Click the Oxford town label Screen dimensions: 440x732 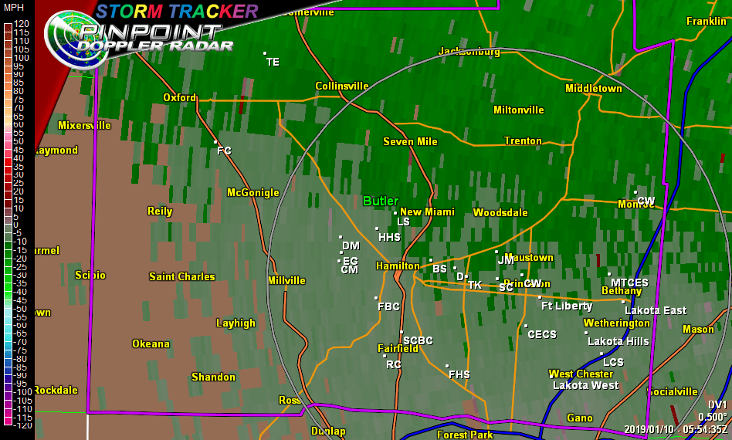click(179, 97)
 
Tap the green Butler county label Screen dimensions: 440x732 click(381, 201)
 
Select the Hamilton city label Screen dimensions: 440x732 click(397, 266)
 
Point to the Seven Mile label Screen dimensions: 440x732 click(410, 141)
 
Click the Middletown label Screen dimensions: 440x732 click(593, 88)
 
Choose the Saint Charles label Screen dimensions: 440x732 click(181, 276)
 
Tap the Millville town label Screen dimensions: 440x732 click(286, 280)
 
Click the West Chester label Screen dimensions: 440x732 click(581, 374)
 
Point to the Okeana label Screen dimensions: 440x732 click(151, 344)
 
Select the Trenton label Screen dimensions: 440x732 click(523, 140)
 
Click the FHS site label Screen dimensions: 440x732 click(459, 374)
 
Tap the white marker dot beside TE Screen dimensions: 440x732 click(265, 54)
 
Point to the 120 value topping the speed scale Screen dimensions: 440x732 click(21, 24)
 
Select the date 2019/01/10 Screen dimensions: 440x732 click(649, 429)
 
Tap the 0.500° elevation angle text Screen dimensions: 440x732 click(712, 417)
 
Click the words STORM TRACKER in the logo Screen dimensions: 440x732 click(177, 10)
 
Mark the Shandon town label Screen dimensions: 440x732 click(213, 377)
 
